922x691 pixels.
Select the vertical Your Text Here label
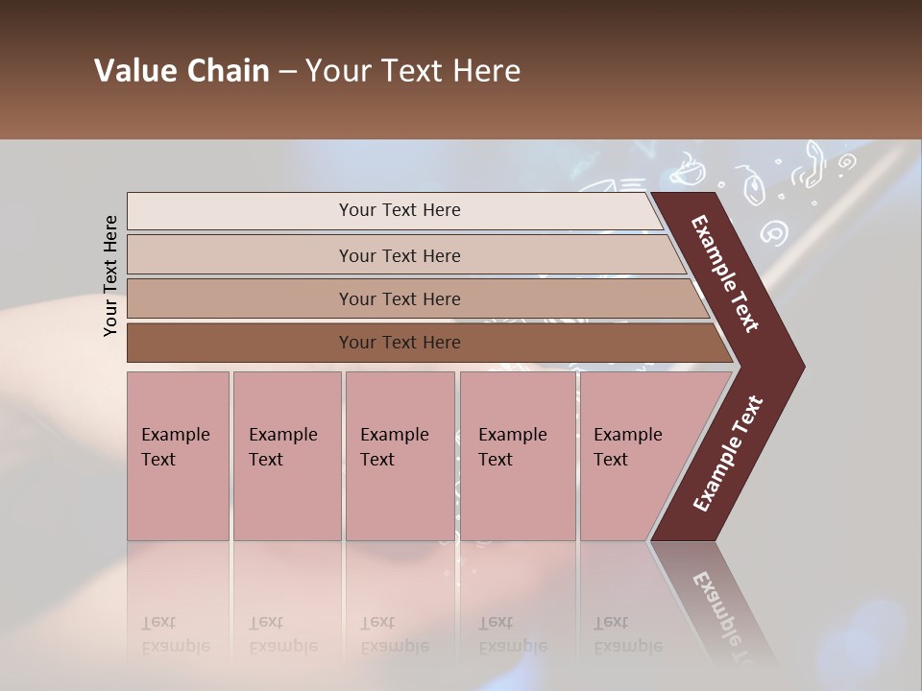coord(110,275)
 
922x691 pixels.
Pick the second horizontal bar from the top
coord(399,255)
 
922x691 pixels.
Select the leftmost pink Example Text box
coord(178,456)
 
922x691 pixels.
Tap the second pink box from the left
coord(286,456)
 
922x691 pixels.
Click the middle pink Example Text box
coord(400,456)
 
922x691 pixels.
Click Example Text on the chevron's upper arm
coord(725,274)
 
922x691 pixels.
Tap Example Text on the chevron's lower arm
coord(727,453)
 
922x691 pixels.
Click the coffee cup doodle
coord(686,173)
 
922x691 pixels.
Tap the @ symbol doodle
coord(773,231)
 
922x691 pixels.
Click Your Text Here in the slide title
coord(413,71)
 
